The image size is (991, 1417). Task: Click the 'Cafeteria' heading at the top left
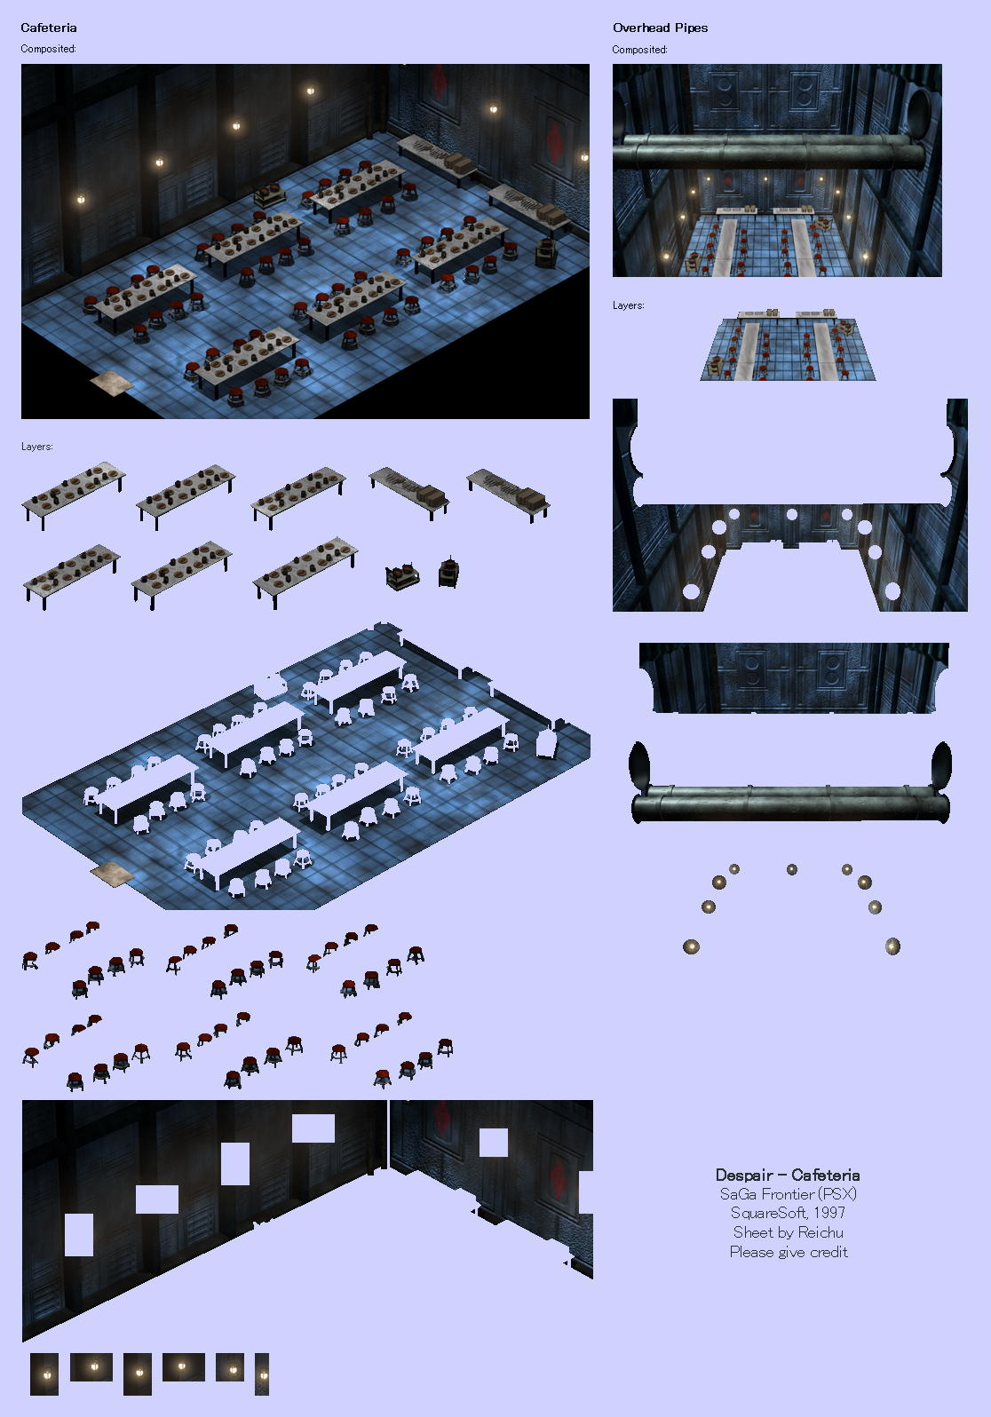[49, 28]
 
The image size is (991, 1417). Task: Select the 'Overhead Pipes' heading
[660, 28]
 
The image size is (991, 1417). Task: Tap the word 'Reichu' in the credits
[821, 1232]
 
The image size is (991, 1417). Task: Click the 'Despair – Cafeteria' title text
[788, 1175]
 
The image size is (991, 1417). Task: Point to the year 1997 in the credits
[829, 1213]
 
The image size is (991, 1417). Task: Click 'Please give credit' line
[789, 1252]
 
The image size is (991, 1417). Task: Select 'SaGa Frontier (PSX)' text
[789, 1193]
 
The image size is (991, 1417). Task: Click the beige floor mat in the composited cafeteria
[111, 384]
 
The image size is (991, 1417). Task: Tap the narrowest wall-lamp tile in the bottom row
[261, 1374]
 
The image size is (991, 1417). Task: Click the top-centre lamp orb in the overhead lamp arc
[792, 870]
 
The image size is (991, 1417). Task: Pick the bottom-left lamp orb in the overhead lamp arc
[691, 947]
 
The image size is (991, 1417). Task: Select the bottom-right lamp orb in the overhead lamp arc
[892, 947]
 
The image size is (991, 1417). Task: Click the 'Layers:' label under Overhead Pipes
[629, 305]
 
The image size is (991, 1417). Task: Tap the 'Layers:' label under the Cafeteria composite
[36, 447]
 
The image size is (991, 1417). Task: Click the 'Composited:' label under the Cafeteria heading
[48, 49]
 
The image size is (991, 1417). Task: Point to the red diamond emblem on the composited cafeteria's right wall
[556, 143]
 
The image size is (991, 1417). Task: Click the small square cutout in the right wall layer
[494, 1143]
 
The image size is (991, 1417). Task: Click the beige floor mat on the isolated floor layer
[112, 874]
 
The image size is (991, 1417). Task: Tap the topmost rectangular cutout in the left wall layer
[313, 1128]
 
